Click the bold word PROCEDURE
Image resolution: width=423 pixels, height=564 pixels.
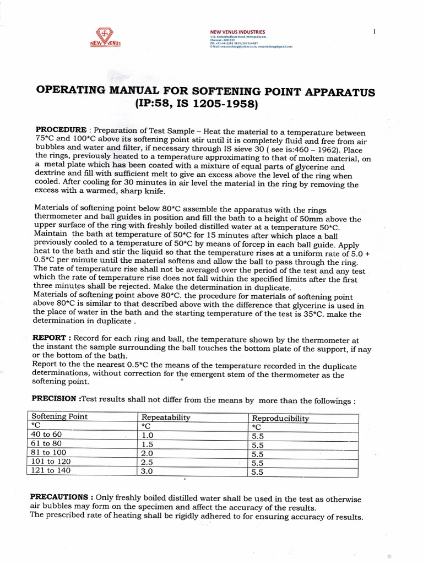[x=61, y=129]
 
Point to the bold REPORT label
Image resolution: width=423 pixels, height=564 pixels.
[x=51, y=338]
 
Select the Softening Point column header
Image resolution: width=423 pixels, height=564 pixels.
[x=59, y=417]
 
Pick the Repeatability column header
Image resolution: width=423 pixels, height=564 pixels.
[x=165, y=417]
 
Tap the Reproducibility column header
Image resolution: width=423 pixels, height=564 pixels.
[x=280, y=418]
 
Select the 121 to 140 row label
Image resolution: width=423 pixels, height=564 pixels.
[x=51, y=470]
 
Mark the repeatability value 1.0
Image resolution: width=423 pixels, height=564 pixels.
[x=148, y=435]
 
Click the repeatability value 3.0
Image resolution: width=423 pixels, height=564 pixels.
[x=148, y=471]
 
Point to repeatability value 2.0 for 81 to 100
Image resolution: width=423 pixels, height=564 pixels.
[x=148, y=453]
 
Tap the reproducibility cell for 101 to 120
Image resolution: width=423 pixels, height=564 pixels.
[x=257, y=463]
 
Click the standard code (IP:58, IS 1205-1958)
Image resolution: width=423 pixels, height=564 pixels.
[x=211, y=103]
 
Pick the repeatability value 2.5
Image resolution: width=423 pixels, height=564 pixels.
[x=148, y=462]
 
